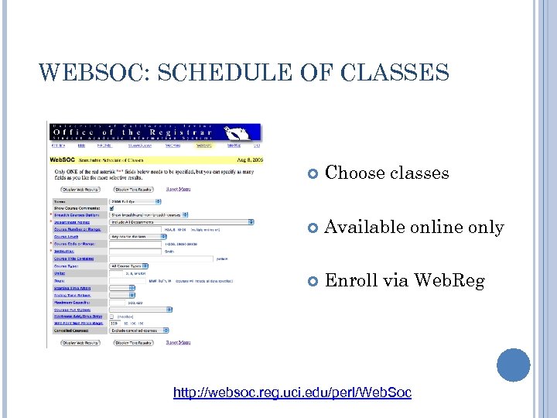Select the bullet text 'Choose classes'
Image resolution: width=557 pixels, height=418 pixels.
coord(387,173)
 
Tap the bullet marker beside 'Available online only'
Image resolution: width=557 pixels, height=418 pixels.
coord(313,228)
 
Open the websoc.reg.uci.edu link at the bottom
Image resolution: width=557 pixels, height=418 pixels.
coord(292,393)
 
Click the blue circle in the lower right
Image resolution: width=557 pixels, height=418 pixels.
coord(514,365)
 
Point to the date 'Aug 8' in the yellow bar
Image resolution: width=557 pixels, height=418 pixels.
coord(247,158)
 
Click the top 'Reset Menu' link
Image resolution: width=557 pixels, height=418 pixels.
coord(179,189)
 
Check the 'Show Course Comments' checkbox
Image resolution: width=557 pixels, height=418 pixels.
coord(112,207)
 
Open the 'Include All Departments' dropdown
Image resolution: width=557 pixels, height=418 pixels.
coord(181,221)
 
